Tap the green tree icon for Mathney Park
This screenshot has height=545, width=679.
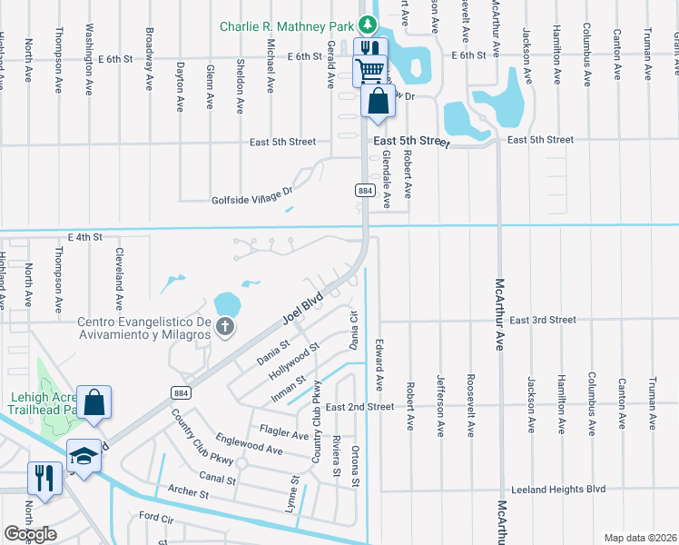(x=367, y=25)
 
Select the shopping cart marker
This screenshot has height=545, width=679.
(x=369, y=69)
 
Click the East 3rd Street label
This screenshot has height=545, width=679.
(x=543, y=320)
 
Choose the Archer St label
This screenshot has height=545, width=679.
(x=189, y=493)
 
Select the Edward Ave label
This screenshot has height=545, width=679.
(x=379, y=361)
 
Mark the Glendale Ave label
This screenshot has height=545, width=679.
(x=386, y=179)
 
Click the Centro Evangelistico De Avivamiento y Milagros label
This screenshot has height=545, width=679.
(x=144, y=328)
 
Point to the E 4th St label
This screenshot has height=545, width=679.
(x=86, y=236)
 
